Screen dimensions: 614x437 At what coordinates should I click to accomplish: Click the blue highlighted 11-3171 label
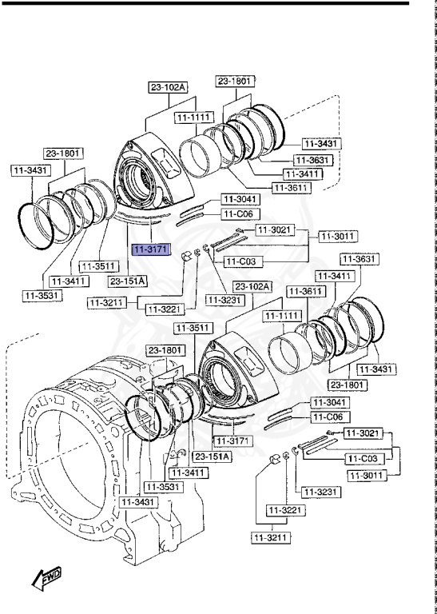(150, 250)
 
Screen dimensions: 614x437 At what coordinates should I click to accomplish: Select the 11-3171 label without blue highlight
(232, 441)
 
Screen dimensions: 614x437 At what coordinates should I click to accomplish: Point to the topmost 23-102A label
(166, 87)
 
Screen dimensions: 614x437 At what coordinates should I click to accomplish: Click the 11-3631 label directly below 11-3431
(312, 159)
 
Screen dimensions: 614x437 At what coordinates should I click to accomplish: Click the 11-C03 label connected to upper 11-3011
(242, 261)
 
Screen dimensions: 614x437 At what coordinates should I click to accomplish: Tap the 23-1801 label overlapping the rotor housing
(166, 350)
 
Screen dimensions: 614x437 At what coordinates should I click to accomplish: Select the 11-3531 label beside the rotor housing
(162, 486)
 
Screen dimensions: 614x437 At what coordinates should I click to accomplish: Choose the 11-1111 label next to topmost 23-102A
(194, 118)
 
